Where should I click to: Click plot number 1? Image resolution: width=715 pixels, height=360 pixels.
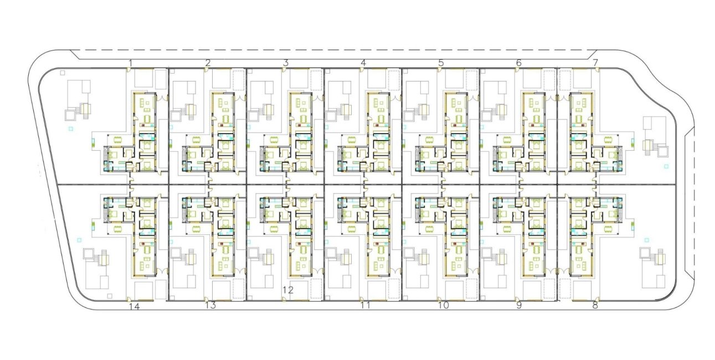tap(130, 63)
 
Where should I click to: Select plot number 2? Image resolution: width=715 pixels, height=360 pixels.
tap(208, 63)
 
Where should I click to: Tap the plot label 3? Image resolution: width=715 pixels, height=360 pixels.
tap(286, 63)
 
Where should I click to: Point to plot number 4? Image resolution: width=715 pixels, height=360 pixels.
tap(363, 63)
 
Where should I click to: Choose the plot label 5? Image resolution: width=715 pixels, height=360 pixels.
tap(441, 63)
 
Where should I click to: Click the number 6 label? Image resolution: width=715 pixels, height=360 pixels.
tap(519, 63)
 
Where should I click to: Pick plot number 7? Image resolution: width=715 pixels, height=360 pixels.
tap(595, 63)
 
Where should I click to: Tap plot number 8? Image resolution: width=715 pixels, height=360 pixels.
tap(595, 305)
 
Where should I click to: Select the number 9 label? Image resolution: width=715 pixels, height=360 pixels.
tap(519, 305)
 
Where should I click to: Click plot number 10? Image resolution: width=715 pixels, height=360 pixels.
tap(444, 305)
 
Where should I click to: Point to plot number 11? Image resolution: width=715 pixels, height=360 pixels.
tap(366, 305)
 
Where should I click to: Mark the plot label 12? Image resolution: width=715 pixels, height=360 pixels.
tap(288, 290)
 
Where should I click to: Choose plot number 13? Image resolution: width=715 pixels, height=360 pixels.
tap(210, 305)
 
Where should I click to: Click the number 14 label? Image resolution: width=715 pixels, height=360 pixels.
tap(135, 307)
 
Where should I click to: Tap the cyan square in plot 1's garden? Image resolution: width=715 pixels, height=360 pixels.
tap(71, 129)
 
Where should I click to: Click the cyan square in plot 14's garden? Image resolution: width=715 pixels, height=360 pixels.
tap(79, 240)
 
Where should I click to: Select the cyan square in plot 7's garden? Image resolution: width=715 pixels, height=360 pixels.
tap(666, 166)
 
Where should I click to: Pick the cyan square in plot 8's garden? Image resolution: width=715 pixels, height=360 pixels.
tap(647, 240)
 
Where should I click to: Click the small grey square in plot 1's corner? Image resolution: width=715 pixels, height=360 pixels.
tap(63, 73)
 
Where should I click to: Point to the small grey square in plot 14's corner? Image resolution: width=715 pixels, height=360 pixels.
tap(110, 296)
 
